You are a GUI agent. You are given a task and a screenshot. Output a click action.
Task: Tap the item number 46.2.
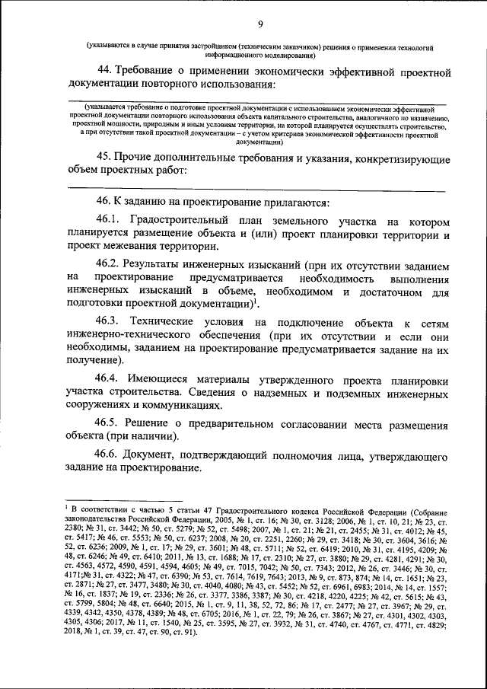[x=109, y=263]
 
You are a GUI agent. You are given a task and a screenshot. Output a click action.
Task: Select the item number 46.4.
[x=109, y=378]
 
